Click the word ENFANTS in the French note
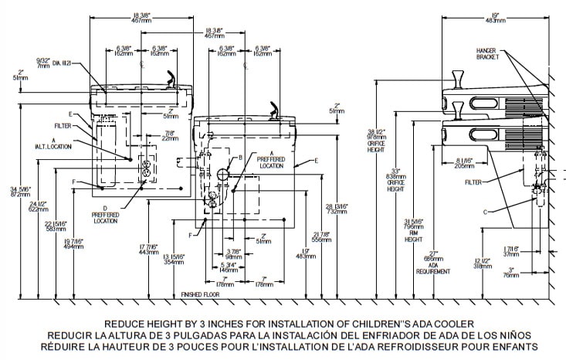tap(517, 347)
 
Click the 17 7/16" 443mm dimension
tap(147, 249)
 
